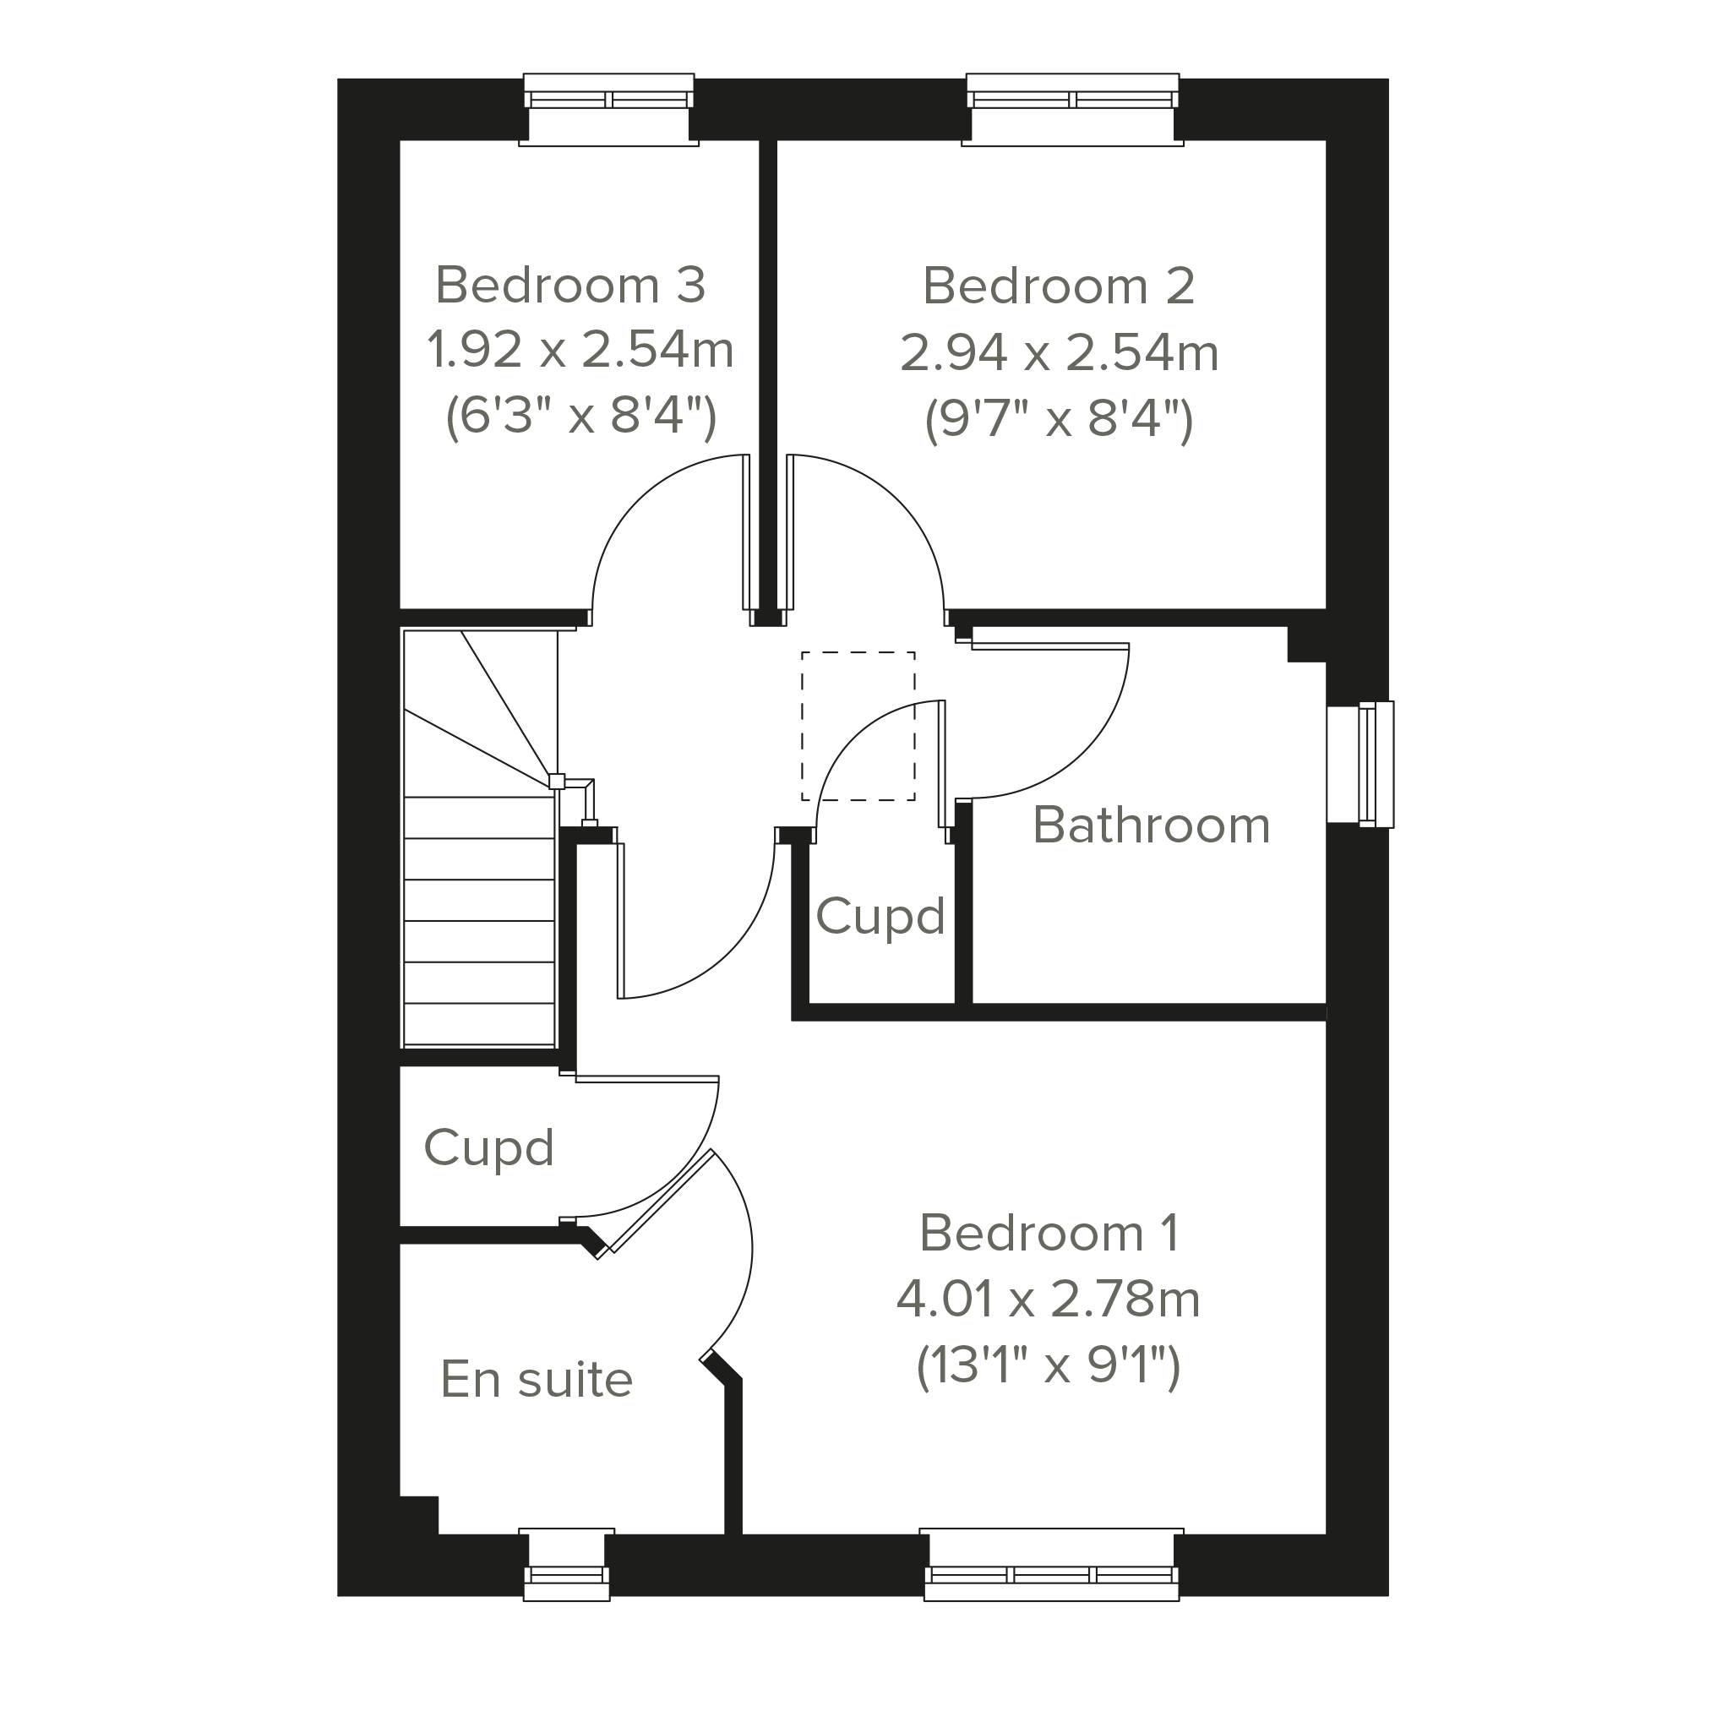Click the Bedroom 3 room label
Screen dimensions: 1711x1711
pyautogui.click(x=570, y=286)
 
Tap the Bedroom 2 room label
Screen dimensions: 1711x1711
pyautogui.click(x=1060, y=286)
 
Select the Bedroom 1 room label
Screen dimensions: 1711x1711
pyautogui.click(x=1049, y=1233)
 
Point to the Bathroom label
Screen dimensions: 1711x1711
pyautogui.click(x=1152, y=826)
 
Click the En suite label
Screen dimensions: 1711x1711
pyautogui.click(x=537, y=1379)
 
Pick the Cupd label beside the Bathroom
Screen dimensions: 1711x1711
pyautogui.click(x=880, y=917)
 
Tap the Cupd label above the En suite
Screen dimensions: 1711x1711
pyautogui.click(x=489, y=1148)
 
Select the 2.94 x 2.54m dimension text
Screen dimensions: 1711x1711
pyautogui.click(x=1060, y=352)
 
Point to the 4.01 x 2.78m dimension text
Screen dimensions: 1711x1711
pyautogui.click(x=1049, y=1300)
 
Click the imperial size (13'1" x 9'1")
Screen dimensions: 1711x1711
pyautogui.click(x=1049, y=1365)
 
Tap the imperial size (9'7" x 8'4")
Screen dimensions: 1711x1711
pyautogui.click(x=1060, y=419)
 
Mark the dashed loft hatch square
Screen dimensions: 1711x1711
pyautogui.click(x=858, y=726)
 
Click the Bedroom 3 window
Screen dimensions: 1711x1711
pyautogui.click(x=608, y=110)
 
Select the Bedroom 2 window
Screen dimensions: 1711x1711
pyautogui.click(x=1072, y=110)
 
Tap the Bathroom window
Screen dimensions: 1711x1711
pyautogui.click(x=1360, y=765)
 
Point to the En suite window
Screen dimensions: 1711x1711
pyautogui.click(x=567, y=1564)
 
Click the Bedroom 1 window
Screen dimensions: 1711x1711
pyautogui.click(x=1052, y=1564)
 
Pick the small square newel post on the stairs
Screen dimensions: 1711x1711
pyautogui.click(x=556, y=781)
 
